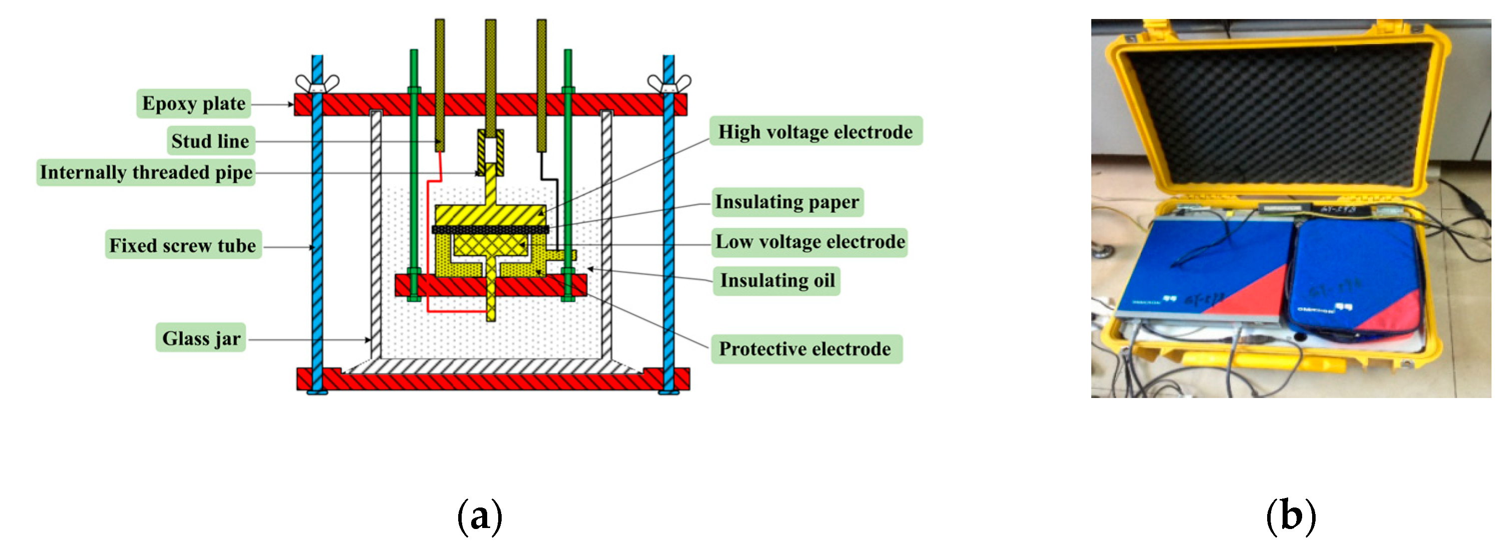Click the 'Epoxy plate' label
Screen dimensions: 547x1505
[193, 103]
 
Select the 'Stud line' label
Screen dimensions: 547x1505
[210, 141]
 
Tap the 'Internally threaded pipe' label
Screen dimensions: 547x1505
[146, 172]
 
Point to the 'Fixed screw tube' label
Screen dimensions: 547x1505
[183, 245]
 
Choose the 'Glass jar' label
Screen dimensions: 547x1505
[201, 338]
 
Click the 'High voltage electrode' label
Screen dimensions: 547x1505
[815, 131]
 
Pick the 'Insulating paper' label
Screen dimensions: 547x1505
[787, 201]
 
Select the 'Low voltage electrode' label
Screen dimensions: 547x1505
[810, 242]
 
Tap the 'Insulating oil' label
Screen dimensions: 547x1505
[777, 280]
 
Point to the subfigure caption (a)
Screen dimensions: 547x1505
[480, 516]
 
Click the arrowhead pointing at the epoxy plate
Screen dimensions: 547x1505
[290, 104]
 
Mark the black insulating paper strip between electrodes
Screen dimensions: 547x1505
[490, 229]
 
